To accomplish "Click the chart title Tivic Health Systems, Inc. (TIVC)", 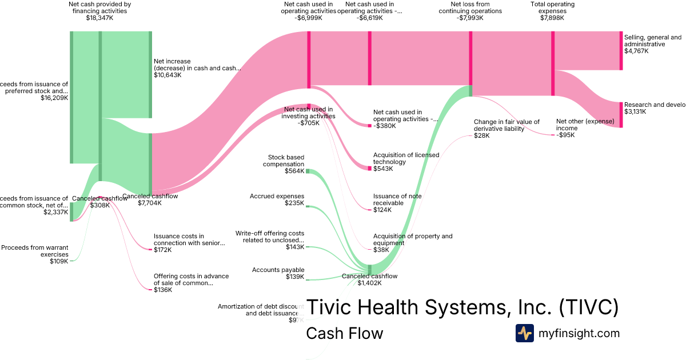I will (x=462, y=307).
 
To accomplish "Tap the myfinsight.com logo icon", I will (x=524, y=333).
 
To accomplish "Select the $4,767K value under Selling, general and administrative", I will (x=636, y=51).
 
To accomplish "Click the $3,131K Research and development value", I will (x=635, y=112).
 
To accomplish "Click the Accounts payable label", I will (x=278, y=270).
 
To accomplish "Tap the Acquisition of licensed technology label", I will (x=406, y=158).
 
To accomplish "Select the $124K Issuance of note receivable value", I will (x=382, y=210).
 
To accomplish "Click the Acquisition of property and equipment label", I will (x=412, y=239).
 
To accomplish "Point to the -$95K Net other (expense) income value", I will (x=565, y=135).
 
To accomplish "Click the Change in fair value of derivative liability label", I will (x=506, y=125).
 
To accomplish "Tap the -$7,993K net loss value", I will (x=470, y=18).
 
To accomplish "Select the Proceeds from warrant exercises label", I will (x=35, y=251).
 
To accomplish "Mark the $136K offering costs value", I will (x=163, y=290).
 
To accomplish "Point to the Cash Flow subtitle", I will (x=344, y=334).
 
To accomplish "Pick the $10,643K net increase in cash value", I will (x=168, y=75).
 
